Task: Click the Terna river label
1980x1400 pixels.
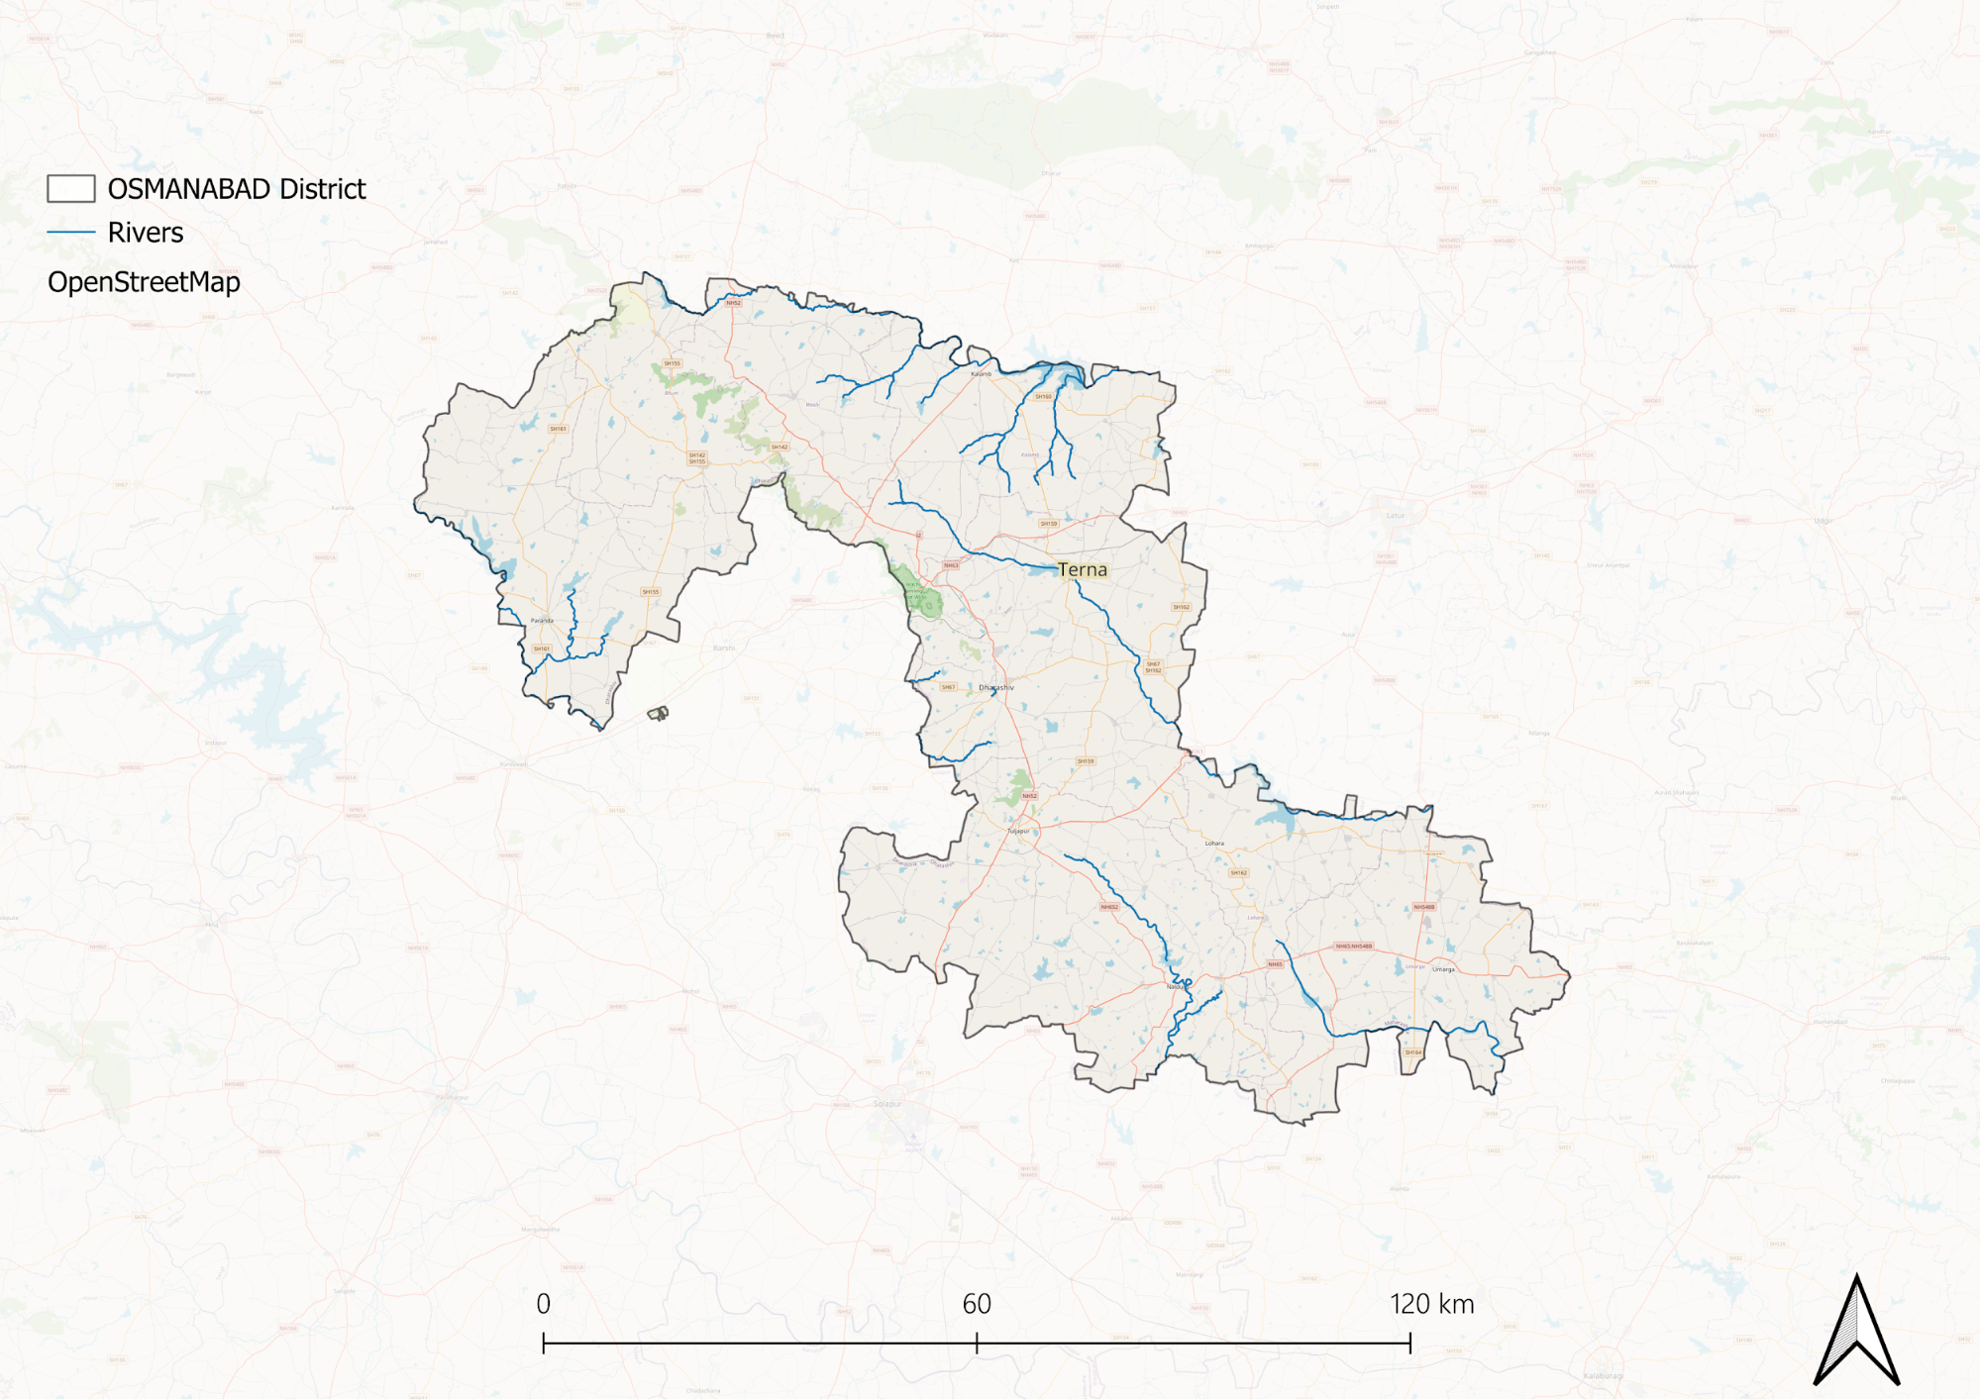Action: (1082, 569)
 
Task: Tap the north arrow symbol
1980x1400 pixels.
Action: (1856, 1332)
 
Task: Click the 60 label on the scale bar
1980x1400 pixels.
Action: (977, 1304)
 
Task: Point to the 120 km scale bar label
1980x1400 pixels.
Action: (1431, 1304)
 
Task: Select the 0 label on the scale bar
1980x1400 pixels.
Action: (543, 1304)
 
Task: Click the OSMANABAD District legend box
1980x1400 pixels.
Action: (71, 189)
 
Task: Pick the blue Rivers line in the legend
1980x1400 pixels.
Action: (71, 233)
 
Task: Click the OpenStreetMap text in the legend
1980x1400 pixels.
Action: (144, 282)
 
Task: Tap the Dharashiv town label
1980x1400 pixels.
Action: (996, 687)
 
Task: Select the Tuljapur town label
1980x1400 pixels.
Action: (1018, 831)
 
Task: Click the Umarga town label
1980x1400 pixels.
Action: (1443, 969)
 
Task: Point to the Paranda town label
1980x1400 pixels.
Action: (542, 621)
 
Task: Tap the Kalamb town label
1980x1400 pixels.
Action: (981, 374)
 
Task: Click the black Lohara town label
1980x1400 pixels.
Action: (1214, 844)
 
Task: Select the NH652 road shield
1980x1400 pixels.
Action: (1109, 907)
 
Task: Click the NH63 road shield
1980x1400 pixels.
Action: (951, 565)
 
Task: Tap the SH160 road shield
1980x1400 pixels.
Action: (1043, 397)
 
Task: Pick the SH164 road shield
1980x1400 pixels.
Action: (1413, 1052)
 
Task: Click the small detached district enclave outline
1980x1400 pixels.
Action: (659, 713)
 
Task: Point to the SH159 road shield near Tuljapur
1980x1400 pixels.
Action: (1086, 761)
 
